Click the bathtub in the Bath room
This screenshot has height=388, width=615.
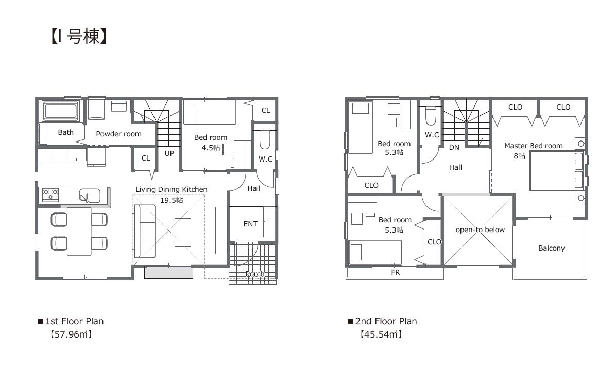61,111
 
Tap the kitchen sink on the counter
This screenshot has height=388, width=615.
90,195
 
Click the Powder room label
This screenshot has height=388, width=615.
118,134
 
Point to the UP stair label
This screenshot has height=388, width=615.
169,154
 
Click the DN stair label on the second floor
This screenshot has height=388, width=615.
454,147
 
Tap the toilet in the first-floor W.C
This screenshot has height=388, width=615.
265,140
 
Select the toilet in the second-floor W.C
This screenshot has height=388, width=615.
431,115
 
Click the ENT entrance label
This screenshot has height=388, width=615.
250,224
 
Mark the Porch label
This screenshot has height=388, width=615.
255,274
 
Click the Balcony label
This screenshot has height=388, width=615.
552,248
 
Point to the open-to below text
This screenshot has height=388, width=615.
480,230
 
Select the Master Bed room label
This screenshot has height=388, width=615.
534,146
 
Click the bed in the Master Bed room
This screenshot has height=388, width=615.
556,171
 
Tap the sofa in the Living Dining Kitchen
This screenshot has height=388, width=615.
145,231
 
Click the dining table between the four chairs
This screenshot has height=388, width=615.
79,231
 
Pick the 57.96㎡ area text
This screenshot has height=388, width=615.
71,334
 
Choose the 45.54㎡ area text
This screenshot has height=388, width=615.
381,334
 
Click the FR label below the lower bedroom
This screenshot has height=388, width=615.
396,272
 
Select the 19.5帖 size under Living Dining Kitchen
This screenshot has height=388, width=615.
172,200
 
